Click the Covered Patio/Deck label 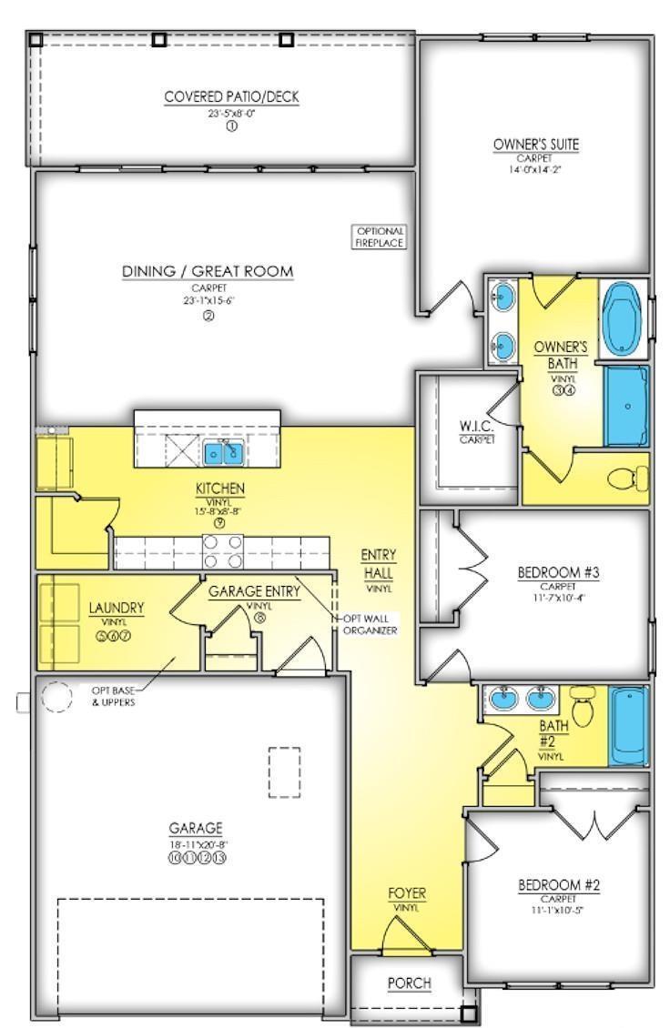point(231,96)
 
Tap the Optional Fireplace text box point(380,237)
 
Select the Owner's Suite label point(535,145)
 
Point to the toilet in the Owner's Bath point(631,477)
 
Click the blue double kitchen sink point(221,450)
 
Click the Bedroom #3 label point(557,572)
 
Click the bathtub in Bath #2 point(629,726)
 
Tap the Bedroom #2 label point(557,885)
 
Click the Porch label point(409,983)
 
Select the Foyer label point(406,892)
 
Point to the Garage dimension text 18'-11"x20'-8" point(195,843)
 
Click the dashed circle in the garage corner point(54,698)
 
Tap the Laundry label point(116,607)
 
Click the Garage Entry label point(254,591)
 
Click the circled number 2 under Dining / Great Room point(208,316)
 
